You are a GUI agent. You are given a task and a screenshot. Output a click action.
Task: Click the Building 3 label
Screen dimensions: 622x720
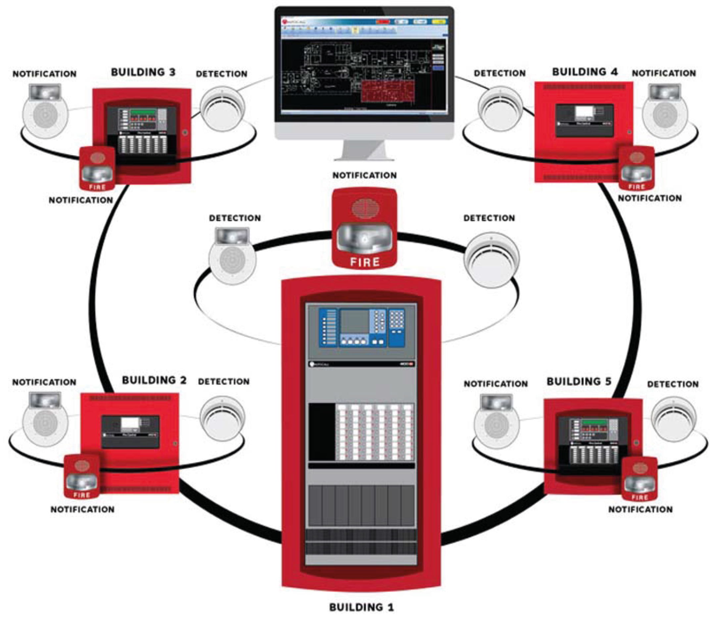pos(143,72)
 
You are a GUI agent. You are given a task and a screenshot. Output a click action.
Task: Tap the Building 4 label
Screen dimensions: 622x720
pos(585,72)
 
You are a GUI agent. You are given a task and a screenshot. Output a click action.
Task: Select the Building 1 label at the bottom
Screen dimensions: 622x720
pos(361,607)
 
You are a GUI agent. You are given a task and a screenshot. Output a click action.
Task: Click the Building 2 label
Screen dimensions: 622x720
pos(154,380)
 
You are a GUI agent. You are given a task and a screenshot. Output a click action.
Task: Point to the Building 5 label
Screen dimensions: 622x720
pos(579,382)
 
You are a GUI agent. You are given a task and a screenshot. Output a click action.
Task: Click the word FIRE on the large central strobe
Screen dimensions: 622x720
pos(364,262)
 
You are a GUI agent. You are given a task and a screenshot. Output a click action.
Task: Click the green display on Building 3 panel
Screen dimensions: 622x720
pos(143,112)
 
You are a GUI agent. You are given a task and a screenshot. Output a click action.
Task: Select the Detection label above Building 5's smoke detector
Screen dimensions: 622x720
pos(673,384)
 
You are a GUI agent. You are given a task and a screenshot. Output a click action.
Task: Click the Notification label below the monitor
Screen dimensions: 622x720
pos(364,175)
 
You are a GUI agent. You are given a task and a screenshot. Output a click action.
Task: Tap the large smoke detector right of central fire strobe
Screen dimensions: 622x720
pos(492,260)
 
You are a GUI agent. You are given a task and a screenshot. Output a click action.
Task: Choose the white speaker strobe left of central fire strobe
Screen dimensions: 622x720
pos(232,257)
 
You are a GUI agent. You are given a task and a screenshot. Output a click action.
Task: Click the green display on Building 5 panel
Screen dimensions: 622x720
pos(595,423)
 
